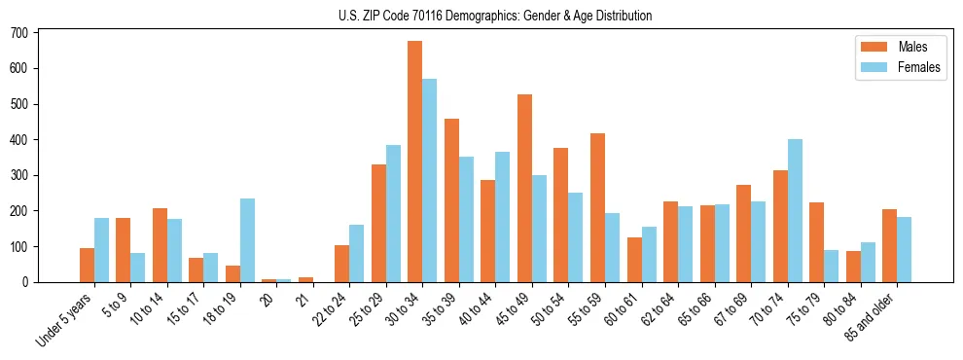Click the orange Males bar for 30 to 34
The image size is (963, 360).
pos(414,162)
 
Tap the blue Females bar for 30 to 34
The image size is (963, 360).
pos(429,181)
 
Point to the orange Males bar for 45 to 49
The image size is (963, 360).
pos(524,188)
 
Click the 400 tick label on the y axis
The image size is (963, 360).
pos(21,140)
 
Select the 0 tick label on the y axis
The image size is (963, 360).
pos(27,282)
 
